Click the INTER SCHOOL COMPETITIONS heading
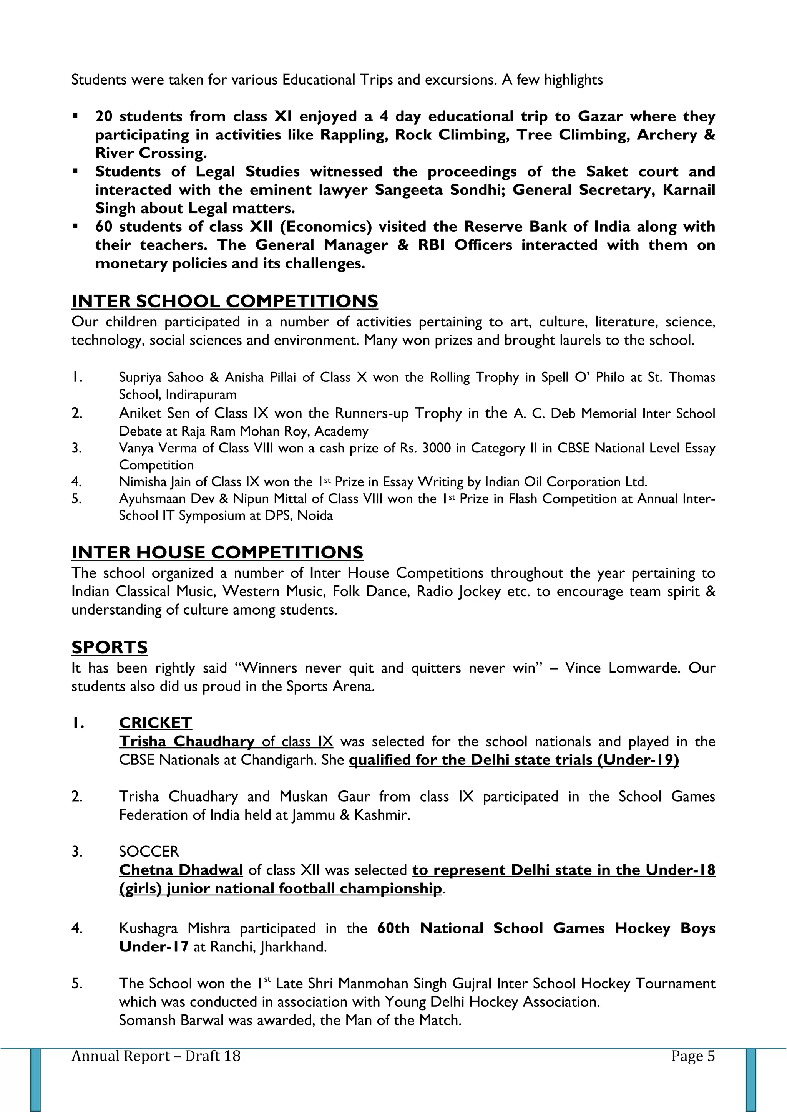pos(224,301)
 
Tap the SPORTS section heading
pos(110,647)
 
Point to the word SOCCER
pos(149,852)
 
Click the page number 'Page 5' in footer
pos(692,1056)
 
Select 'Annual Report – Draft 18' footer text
pos(156,1056)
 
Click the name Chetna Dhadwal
pos(181,870)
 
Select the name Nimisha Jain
pos(155,482)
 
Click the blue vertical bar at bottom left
pos(35,1079)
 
